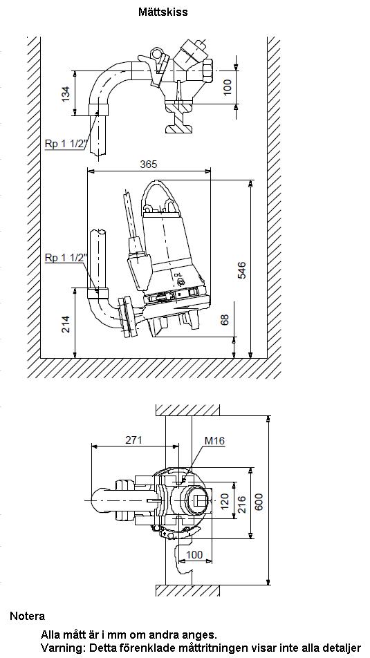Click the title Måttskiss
[x=163, y=12]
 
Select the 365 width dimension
[x=148, y=164]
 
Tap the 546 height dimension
[x=241, y=270]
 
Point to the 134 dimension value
[x=66, y=93]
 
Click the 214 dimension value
[x=66, y=324]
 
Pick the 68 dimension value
[x=225, y=320]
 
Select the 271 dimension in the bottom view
[x=134, y=440]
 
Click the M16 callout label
[x=214, y=441]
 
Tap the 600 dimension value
[x=259, y=502]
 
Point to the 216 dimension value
[x=242, y=503]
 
